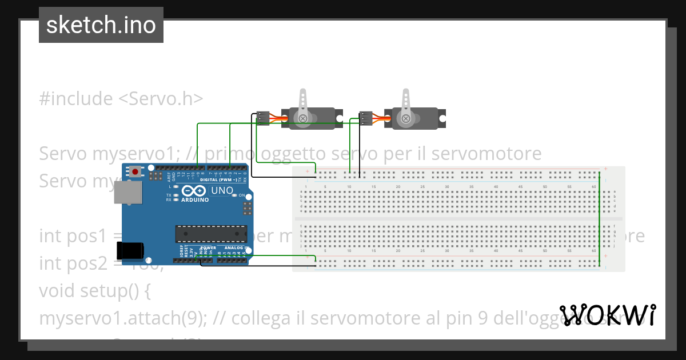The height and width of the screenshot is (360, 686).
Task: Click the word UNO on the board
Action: [222, 190]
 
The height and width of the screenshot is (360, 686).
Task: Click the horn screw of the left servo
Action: [304, 119]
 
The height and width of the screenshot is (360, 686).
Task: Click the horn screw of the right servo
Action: [405, 119]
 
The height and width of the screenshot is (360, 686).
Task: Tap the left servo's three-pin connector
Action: [263, 118]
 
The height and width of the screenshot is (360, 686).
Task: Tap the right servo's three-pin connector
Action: [365, 118]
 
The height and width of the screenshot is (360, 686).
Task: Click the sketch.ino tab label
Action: [101, 25]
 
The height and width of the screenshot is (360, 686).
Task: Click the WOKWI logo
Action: [607, 315]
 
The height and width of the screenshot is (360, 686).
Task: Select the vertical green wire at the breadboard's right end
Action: [599, 220]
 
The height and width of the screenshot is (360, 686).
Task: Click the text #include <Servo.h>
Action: [121, 99]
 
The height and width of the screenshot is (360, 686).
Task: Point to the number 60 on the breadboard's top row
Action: [594, 187]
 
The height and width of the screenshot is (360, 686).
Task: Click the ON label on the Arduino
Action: [241, 195]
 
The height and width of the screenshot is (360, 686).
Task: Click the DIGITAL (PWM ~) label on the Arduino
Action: [219, 179]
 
